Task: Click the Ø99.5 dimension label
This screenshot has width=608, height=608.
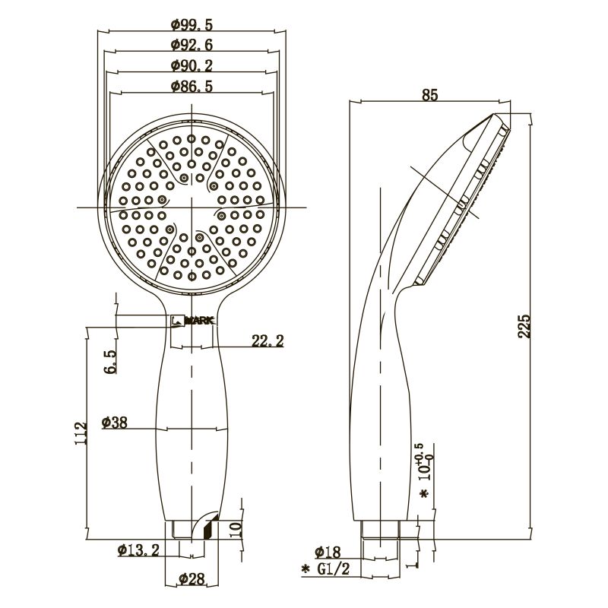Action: pyautogui.click(x=192, y=24)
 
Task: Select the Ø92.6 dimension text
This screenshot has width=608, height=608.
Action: pyautogui.click(x=192, y=45)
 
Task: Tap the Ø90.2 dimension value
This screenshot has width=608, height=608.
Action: pyautogui.click(x=192, y=65)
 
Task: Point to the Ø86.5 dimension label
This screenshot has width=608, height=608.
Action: pyautogui.click(x=192, y=87)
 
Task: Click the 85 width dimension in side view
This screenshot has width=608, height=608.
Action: pyautogui.click(x=429, y=95)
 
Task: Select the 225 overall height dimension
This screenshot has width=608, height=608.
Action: pyautogui.click(x=523, y=325)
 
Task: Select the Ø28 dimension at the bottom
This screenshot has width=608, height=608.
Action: pyautogui.click(x=191, y=580)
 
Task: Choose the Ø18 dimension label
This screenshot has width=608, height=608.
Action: pyautogui.click(x=328, y=551)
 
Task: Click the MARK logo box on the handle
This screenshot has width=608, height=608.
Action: pyautogui.click(x=192, y=321)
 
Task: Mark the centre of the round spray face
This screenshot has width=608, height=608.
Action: pyautogui.click(x=192, y=207)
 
